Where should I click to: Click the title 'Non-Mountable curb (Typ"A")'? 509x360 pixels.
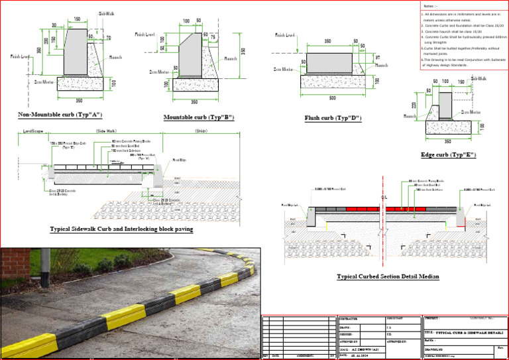click(x=59, y=115)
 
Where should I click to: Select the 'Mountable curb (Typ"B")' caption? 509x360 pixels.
click(x=199, y=117)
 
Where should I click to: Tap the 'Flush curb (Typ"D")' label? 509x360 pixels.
click(x=333, y=119)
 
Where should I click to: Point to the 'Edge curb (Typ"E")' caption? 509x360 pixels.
click(x=448, y=154)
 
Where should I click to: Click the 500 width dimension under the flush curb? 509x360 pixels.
click(x=331, y=98)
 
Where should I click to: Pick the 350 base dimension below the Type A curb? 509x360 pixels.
click(x=80, y=101)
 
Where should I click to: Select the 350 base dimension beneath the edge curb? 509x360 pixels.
click(x=447, y=141)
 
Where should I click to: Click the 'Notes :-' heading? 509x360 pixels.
click(x=430, y=6)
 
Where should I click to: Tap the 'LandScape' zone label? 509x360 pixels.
click(x=33, y=131)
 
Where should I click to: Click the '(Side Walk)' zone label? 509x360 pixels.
click(x=106, y=131)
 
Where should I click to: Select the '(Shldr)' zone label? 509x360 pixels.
click(x=201, y=131)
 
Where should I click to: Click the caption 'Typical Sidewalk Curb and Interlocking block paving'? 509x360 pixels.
click(x=121, y=229)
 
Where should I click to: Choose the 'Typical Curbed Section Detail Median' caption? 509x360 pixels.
click(x=388, y=276)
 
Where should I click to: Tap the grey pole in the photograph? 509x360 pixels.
click(x=45, y=265)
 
